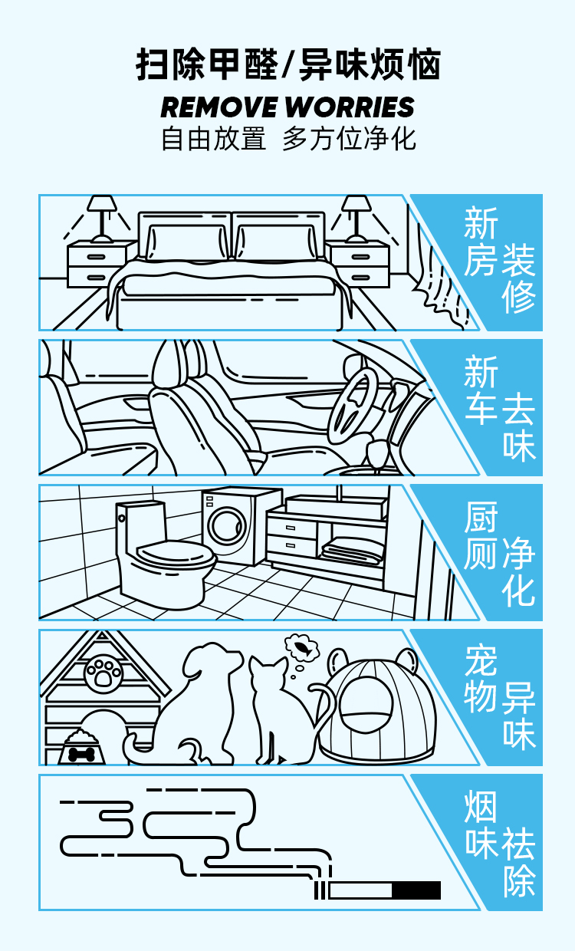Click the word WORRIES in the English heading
click(350, 107)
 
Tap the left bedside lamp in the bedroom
click(102, 219)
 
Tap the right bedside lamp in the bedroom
click(356, 219)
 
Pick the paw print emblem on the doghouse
click(103, 673)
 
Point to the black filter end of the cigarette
click(416, 890)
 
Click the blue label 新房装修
click(499, 260)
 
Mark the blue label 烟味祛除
click(499, 844)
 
